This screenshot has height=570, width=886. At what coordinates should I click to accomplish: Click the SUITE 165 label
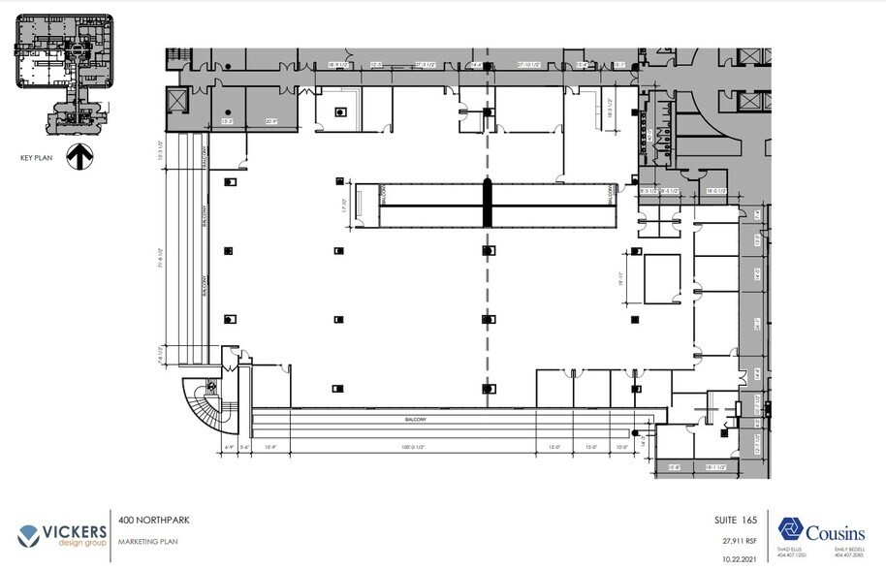pyautogui.click(x=728, y=520)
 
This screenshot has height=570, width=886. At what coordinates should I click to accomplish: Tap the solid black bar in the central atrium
pyautogui.click(x=488, y=205)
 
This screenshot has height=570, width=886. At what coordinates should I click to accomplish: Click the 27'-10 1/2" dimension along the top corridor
pyautogui.click(x=533, y=65)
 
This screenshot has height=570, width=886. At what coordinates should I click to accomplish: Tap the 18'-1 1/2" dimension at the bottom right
pyautogui.click(x=717, y=467)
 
